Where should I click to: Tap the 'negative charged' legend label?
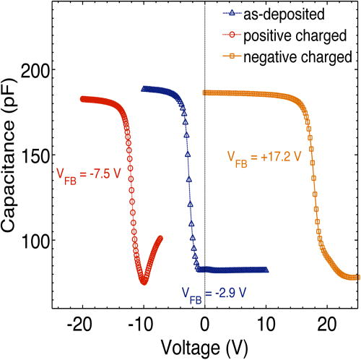(x=295, y=56)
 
